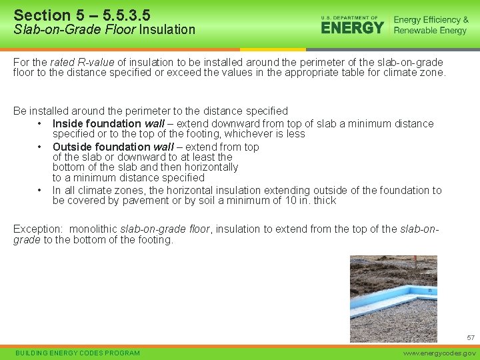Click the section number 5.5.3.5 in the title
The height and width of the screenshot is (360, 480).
119,15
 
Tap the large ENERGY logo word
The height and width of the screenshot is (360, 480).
353,27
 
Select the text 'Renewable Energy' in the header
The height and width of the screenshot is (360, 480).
430,31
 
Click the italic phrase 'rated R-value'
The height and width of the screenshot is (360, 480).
67,61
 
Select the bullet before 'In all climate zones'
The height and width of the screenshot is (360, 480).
40,191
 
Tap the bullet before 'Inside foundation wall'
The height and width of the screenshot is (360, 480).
40,123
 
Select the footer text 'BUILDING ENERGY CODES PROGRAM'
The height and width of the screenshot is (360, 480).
77,353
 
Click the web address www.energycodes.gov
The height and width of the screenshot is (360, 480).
441,353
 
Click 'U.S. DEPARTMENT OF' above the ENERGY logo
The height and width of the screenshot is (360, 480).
349,18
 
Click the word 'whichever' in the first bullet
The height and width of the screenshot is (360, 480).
241,134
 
